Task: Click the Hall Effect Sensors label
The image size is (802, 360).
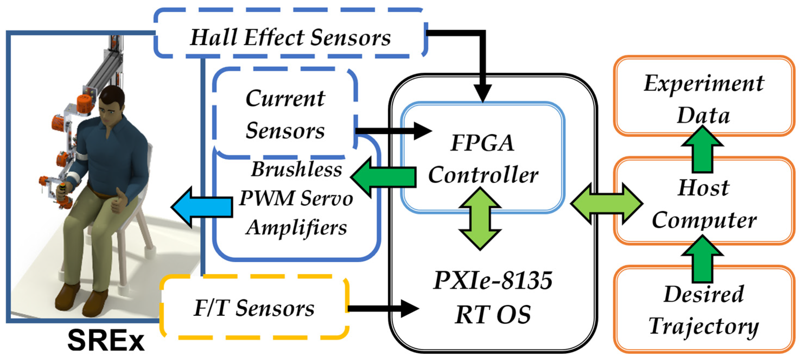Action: point(290,37)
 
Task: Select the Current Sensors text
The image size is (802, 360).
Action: point(285,114)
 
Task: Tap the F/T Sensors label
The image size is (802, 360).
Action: point(254,308)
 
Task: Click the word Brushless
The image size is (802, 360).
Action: point(296,170)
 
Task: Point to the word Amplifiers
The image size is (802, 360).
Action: point(296,227)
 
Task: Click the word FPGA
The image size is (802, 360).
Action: point(482,143)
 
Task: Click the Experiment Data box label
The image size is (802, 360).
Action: point(704,99)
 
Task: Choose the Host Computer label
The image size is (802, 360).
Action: point(704,204)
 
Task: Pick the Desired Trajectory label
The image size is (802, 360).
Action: point(704,310)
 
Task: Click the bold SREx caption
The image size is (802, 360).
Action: point(106,341)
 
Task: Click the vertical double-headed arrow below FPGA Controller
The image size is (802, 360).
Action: point(480,219)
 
